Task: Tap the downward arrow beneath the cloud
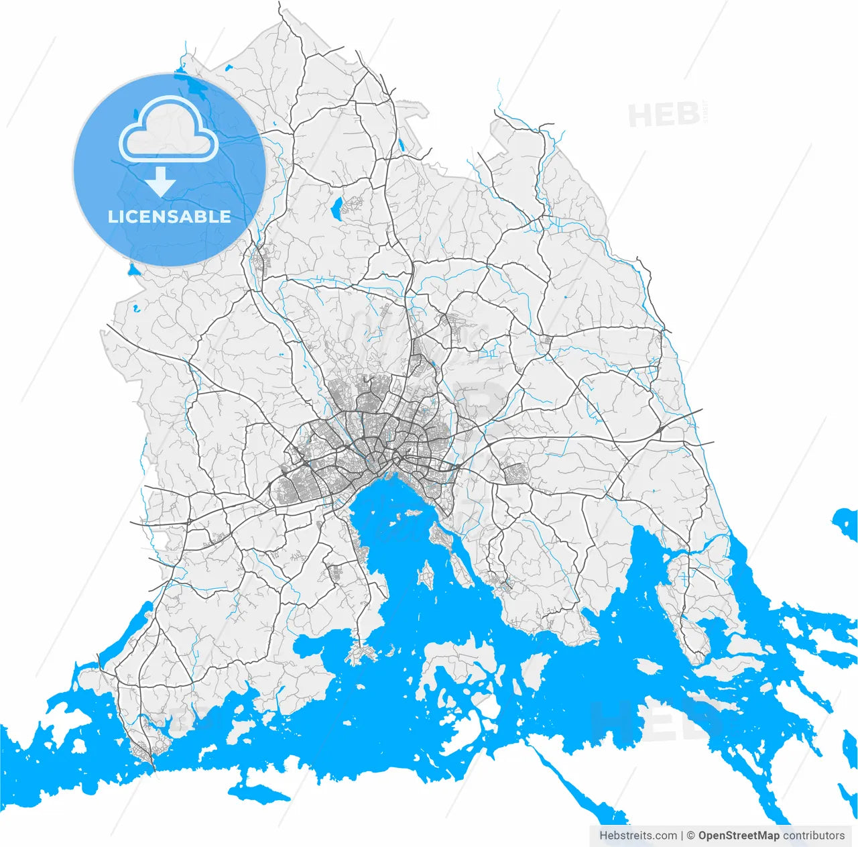pos(160,182)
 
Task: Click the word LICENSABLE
pos(169,217)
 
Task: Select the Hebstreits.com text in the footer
pos(638,836)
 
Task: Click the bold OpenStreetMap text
pos(739,836)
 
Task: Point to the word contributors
pos(814,836)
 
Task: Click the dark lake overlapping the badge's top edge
pos(190,84)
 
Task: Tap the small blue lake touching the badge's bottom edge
pos(132,271)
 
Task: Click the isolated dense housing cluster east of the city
pos(515,473)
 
